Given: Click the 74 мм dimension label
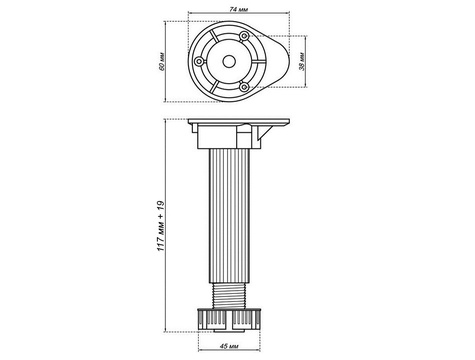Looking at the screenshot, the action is pyautogui.click(x=239, y=9).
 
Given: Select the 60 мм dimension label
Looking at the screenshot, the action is pyautogui.click(x=162, y=61).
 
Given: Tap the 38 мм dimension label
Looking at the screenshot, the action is pyautogui.click(x=302, y=61).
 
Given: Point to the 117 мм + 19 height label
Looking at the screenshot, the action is pyautogui.click(x=161, y=226).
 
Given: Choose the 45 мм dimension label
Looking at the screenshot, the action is pyautogui.click(x=229, y=346).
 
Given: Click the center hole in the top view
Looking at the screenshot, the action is pyautogui.click(x=229, y=61).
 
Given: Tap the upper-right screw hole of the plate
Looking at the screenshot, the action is pyautogui.click(x=244, y=36).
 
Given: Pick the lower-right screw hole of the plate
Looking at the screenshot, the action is pyautogui.click(x=244, y=87).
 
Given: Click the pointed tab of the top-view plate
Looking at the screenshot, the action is pyautogui.click(x=278, y=61).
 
